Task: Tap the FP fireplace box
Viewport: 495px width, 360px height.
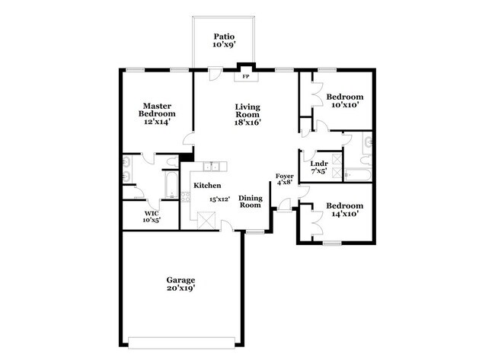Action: point(246,77)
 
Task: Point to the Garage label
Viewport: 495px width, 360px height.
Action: point(180,280)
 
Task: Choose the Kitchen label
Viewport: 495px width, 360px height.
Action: point(207,186)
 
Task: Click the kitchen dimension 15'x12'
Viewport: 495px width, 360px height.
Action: point(222,199)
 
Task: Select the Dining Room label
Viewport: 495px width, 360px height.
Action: point(251,201)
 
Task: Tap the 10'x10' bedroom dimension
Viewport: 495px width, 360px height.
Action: point(344,106)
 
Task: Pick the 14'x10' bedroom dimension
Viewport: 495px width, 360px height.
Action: point(344,214)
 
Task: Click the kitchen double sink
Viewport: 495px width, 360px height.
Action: point(211,167)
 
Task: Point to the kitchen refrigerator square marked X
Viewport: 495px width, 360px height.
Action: point(206,220)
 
